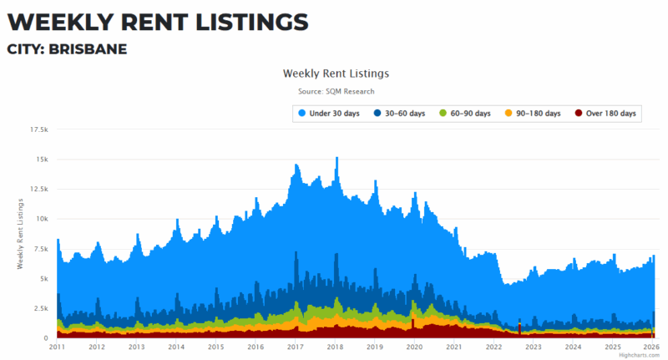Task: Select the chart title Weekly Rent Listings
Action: point(336,74)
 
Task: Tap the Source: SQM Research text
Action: point(336,91)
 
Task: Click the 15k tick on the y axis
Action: point(42,160)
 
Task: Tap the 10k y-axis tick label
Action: point(42,219)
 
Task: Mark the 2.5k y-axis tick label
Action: point(40,308)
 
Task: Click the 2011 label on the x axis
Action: point(57,346)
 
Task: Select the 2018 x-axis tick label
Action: point(335,346)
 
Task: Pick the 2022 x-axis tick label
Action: point(494,346)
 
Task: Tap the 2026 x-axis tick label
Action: point(652,346)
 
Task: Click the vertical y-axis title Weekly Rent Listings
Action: point(19,234)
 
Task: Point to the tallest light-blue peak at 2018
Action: point(337,159)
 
